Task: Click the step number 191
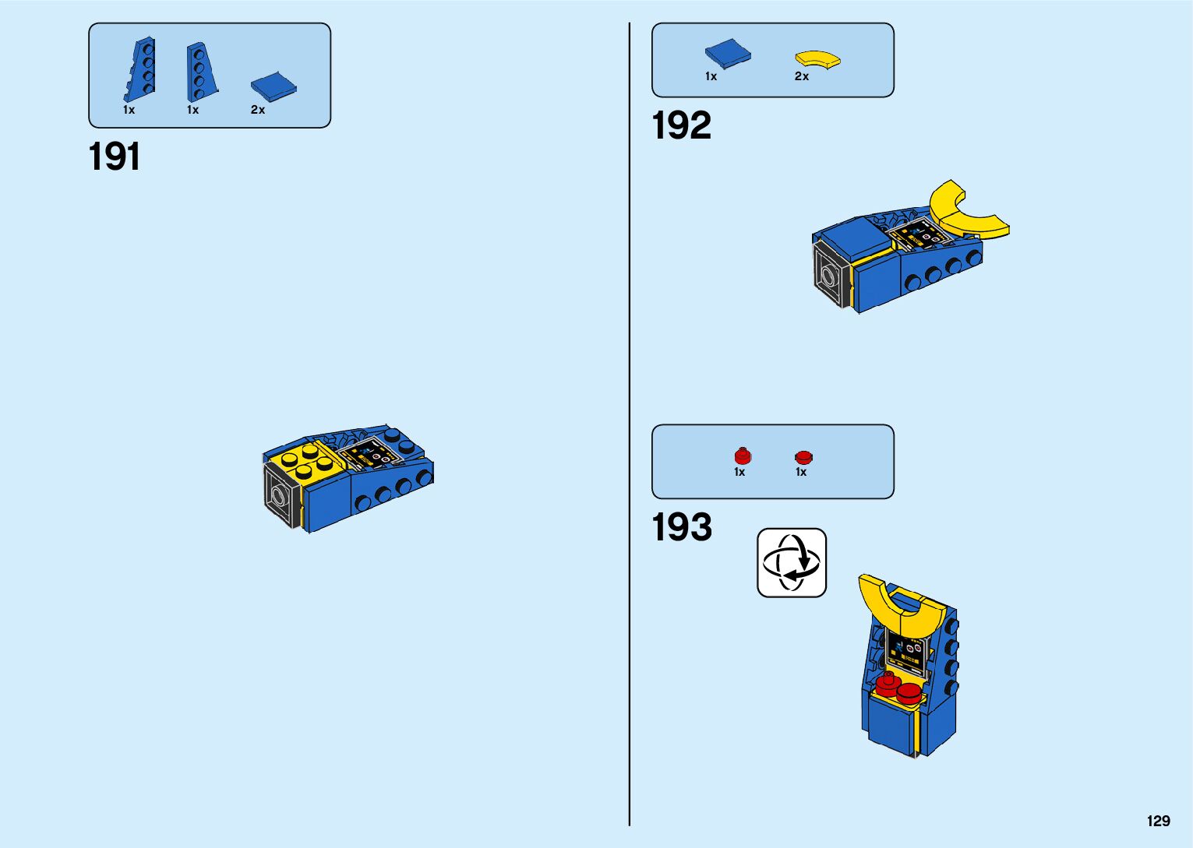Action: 115,157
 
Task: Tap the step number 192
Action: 681,125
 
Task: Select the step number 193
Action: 682,527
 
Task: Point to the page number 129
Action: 1158,821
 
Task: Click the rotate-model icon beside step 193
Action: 791,562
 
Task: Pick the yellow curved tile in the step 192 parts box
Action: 817,59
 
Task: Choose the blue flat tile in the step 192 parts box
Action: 728,54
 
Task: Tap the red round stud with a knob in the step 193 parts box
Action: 743,456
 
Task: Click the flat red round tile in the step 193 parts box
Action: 803,457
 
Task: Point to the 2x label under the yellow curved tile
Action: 802,76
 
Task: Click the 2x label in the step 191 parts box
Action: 258,110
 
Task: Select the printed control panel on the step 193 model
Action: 905,652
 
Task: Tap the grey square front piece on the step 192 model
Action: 830,275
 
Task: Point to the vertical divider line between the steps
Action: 630,424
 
